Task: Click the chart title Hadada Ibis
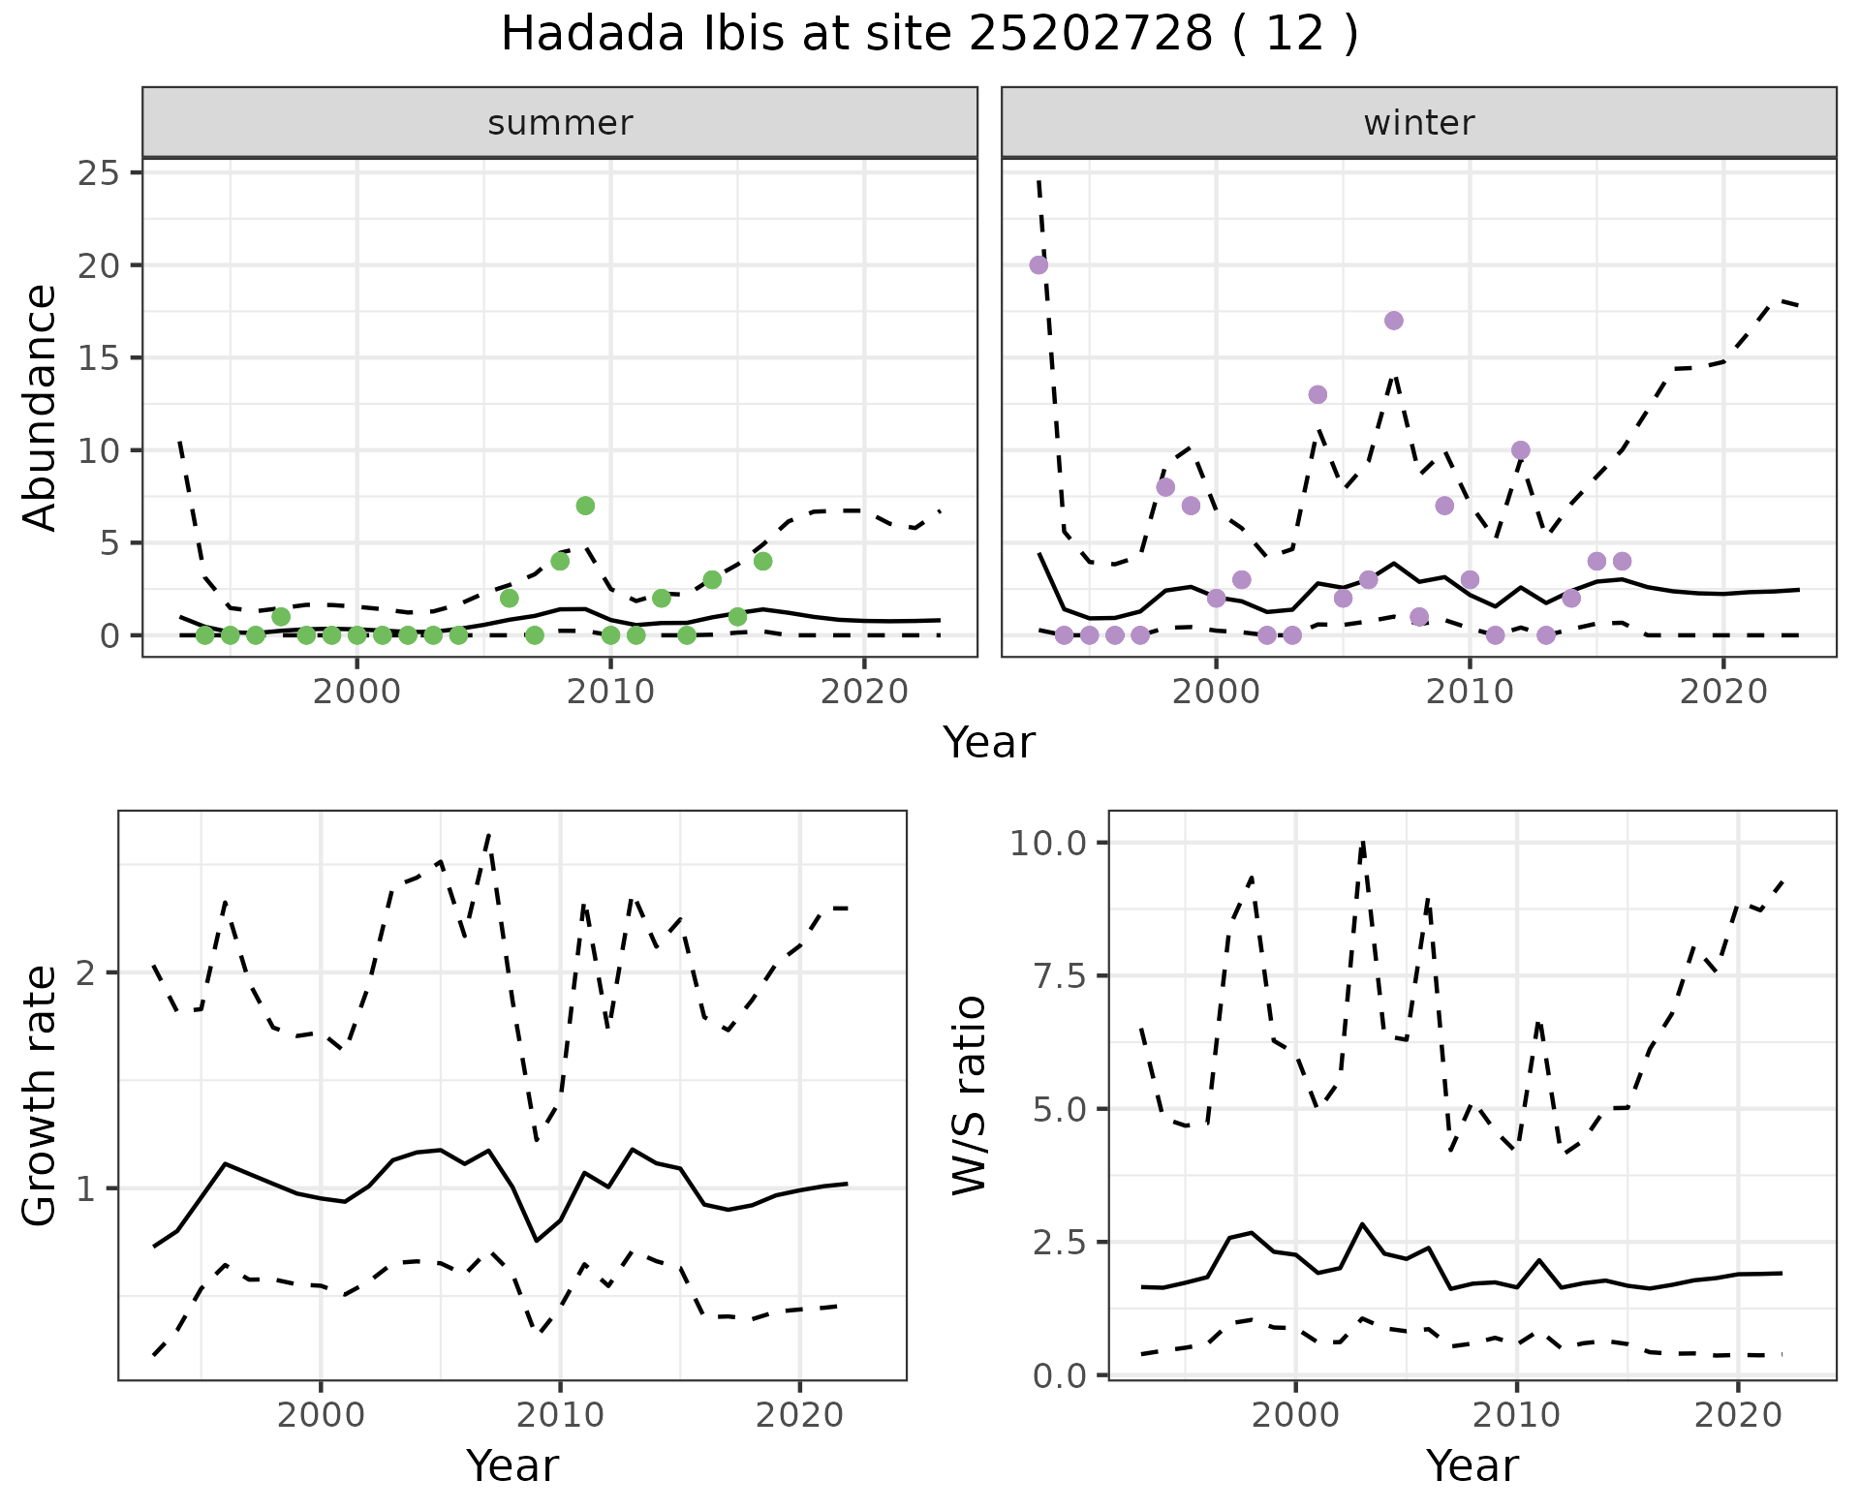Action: pos(929,35)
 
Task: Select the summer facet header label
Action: pos(560,123)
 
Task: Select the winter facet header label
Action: pos(1418,123)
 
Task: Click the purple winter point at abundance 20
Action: pos(1038,265)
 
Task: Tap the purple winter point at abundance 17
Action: pos(1394,321)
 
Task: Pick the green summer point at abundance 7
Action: pos(585,506)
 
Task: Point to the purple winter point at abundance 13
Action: pos(1317,394)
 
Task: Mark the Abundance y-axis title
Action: pos(41,407)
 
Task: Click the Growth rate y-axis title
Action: pos(41,1095)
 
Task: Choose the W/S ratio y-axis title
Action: pos(969,1095)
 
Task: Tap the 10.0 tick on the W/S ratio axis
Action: pos(1050,843)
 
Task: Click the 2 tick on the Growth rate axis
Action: pos(85,972)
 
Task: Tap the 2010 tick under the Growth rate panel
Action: pos(560,1415)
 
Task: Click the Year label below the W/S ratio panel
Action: pos(1472,1465)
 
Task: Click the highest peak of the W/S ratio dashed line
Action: pos(1363,843)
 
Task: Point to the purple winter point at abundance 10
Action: pos(1520,450)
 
